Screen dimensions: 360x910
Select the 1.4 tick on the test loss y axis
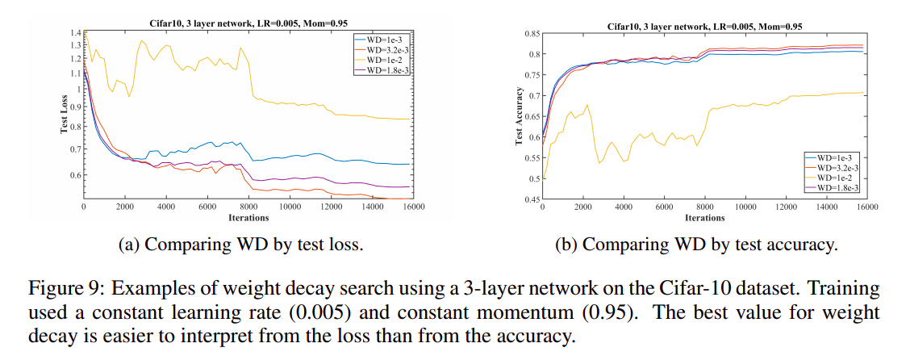tap(73, 32)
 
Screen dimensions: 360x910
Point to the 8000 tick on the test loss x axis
tap(248, 207)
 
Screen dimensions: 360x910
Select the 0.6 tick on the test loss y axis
tap(73, 175)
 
